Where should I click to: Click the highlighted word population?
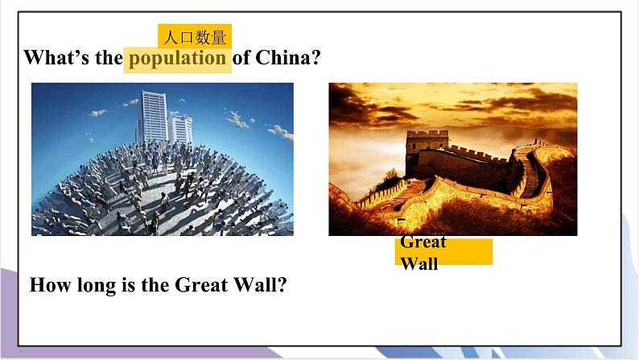click(177, 58)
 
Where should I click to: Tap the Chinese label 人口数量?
click(194, 37)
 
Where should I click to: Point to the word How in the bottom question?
click(47, 285)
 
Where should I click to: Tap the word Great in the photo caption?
click(423, 242)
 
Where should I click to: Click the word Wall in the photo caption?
click(418, 263)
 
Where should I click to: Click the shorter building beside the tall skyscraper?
click(180, 128)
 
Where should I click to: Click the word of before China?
click(241, 58)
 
